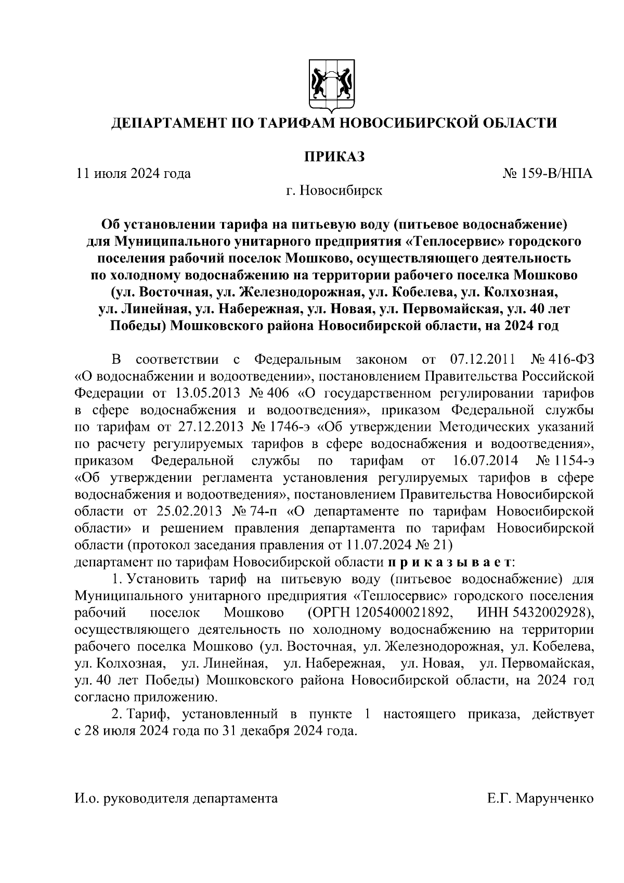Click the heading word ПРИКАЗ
pos(333,156)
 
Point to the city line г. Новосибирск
pos(334,190)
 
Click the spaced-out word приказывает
pos(450,562)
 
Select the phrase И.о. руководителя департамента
pos(176,798)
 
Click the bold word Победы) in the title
pos(138,326)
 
